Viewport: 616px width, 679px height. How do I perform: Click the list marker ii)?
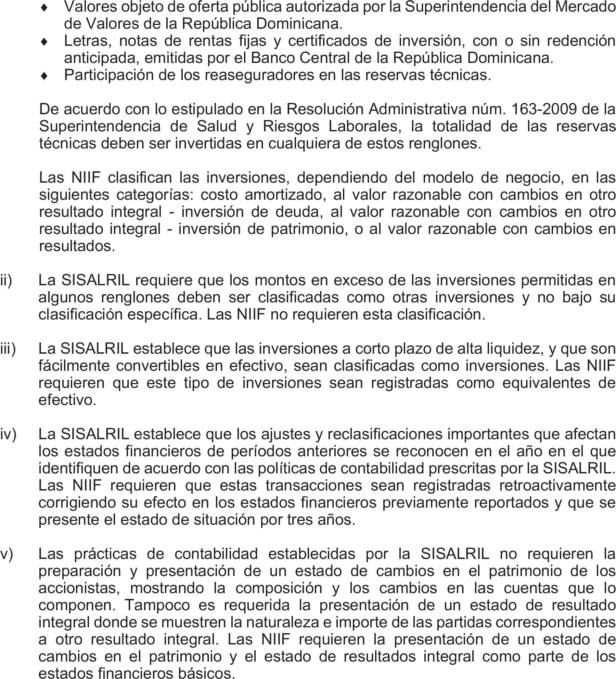click(x=6, y=280)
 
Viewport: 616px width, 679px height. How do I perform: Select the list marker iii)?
click(x=8, y=349)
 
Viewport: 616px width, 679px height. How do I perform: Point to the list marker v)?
click(x=7, y=554)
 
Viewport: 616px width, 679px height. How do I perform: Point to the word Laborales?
click(x=364, y=127)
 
